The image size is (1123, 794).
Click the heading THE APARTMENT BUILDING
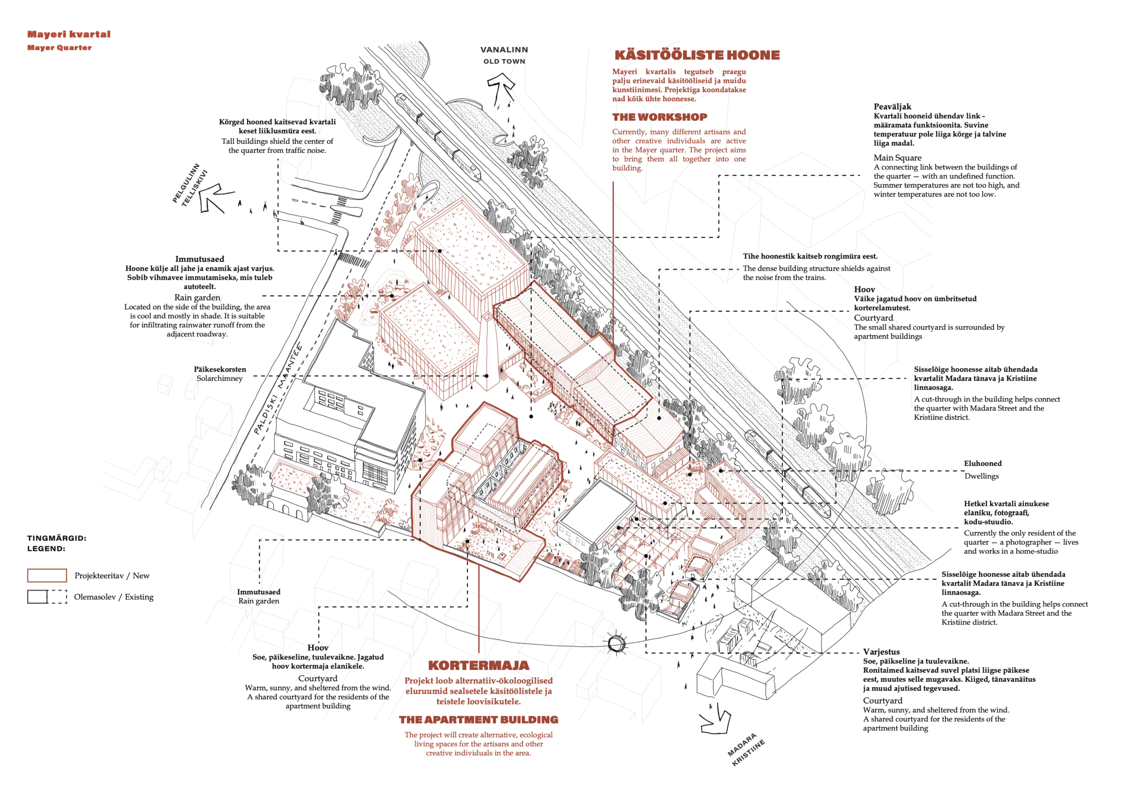click(x=478, y=720)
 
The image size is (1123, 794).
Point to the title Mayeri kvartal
click(x=69, y=34)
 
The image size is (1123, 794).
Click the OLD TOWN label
click(x=504, y=61)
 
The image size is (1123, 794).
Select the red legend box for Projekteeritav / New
click(x=47, y=575)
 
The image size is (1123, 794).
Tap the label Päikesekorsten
click(x=220, y=369)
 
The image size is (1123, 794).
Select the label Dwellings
click(x=981, y=476)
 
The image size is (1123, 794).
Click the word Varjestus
click(x=881, y=652)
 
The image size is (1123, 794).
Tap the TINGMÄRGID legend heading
click(x=57, y=538)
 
